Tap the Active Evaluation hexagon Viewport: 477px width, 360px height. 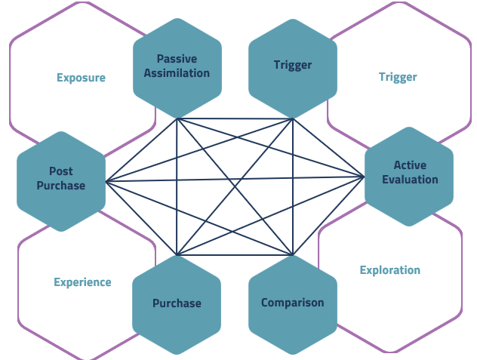tap(409, 175)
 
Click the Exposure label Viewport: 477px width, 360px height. tap(81, 78)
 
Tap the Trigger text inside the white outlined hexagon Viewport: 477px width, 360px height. tap(398, 77)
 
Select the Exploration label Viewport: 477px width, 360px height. tap(389, 270)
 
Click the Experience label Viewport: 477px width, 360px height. tap(82, 282)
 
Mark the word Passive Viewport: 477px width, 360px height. tap(177, 59)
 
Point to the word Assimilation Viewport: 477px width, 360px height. tap(177, 73)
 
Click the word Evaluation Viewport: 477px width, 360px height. tap(410, 180)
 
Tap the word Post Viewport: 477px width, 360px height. tap(61, 171)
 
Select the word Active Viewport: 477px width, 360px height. tap(410, 165)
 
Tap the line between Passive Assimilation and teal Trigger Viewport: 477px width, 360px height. tap(234, 118)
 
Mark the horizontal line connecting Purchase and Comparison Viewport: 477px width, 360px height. tap(234, 255)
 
